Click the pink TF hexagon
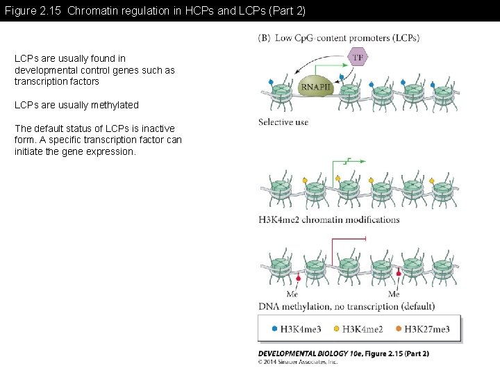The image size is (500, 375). click(x=358, y=58)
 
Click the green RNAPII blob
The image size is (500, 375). click(x=315, y=85)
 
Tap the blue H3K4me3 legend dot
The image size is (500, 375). click(x=275, y=329)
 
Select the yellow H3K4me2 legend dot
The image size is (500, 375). click(x=337, y=329)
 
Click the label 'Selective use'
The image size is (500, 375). click(x=283, y=122)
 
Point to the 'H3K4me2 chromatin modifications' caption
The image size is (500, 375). click(x=329, y=219)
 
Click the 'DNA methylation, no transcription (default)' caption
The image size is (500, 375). click(x=347, y=306)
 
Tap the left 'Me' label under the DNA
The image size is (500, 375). click(x=292, y=294)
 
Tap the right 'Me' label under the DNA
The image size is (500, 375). click(x=394, y=294)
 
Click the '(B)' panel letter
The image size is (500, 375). click(x=264, y=38)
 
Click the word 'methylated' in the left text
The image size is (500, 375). click(x=112, y=105)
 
